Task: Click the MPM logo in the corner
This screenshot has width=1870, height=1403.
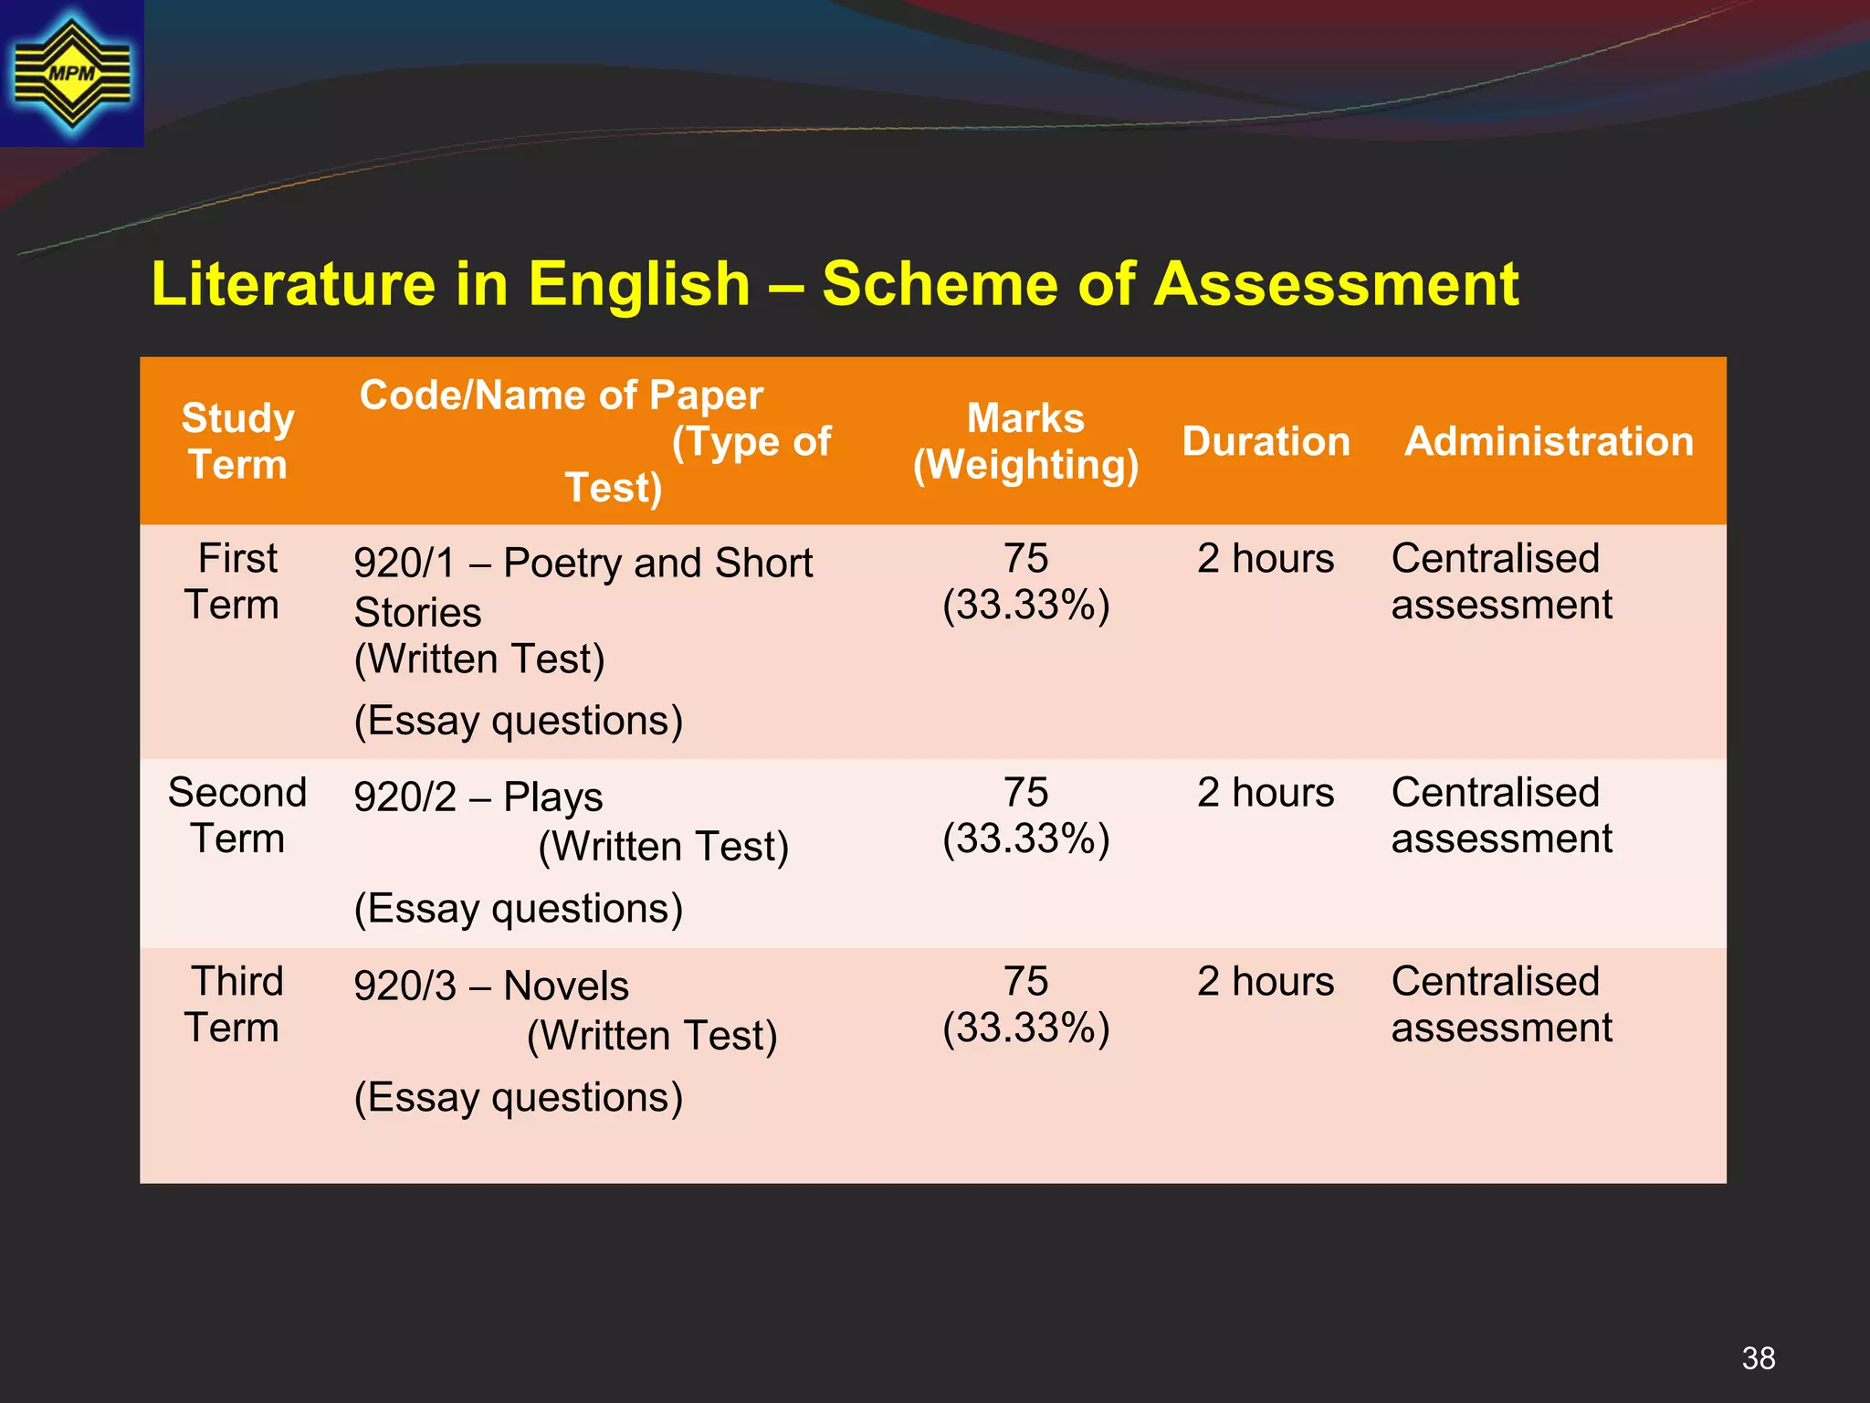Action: pos(71,73)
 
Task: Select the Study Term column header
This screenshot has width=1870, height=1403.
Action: pos(237,441)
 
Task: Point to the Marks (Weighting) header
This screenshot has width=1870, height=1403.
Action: pos(1025,441)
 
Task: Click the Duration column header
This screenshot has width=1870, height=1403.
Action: pos(1266,441)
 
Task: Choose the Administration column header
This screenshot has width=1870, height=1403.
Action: pos(1549,441)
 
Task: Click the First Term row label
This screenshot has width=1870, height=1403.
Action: pos(236,582)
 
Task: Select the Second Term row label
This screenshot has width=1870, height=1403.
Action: pos(237,816)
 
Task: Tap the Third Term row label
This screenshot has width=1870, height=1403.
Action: pos(236,1005)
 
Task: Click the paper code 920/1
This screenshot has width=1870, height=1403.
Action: pos(404,564)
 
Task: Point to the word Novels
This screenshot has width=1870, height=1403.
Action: pos(566,986)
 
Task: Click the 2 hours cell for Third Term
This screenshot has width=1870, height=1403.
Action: pos(1266,982)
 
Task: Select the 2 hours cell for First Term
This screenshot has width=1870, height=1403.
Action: pos(1266,559)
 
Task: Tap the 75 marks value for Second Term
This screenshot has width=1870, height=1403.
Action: pos(1025,793)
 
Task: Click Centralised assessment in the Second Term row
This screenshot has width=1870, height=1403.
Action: pos(1501,816)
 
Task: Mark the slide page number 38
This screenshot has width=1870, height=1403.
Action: pos(1758,1358)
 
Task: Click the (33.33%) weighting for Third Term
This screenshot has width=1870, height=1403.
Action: pos(1025,1029)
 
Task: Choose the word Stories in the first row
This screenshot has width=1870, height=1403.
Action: pos(417,613)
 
